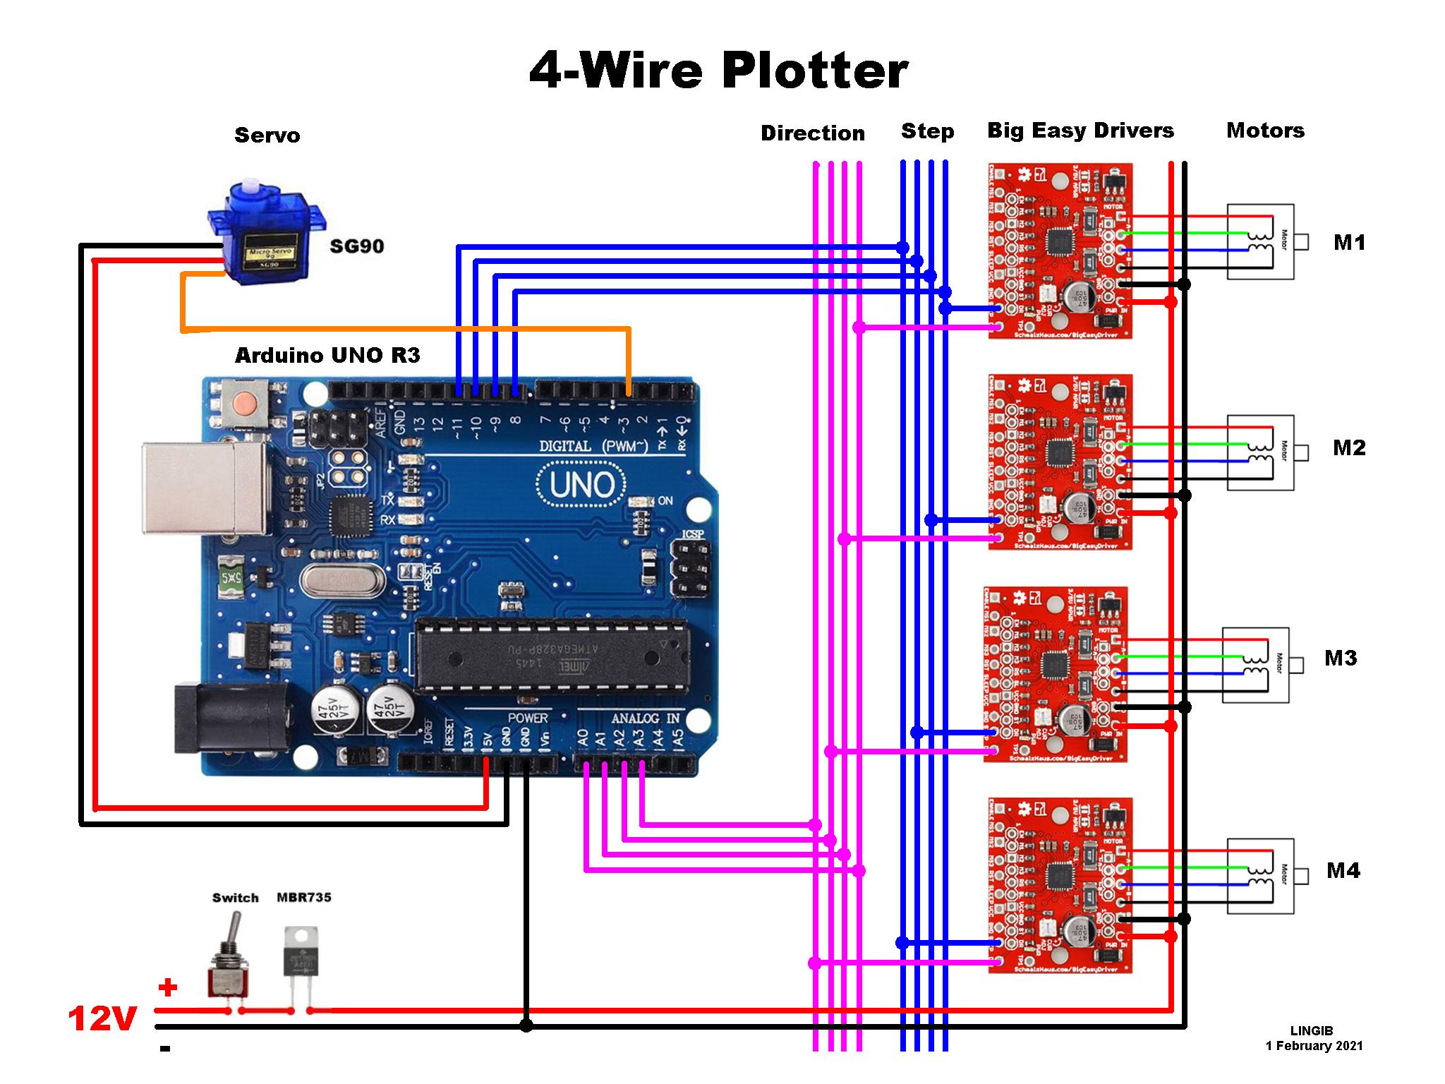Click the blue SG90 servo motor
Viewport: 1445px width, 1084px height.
coord(267,236)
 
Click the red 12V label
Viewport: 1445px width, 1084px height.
coord(102,1019)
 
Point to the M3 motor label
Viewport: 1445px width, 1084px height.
coord(1341,658)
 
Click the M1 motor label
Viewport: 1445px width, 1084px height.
coord(1349,243)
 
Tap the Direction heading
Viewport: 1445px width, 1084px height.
coord(812,133)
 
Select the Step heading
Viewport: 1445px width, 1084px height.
coord(927,131)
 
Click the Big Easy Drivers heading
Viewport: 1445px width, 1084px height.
coord(1080,131)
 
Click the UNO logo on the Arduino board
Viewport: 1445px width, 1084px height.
coord(581,484)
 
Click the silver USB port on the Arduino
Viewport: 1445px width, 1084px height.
coord(205,488)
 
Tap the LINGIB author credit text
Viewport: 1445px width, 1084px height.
coord(1312,1031)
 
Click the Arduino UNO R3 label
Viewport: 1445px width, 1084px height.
coord(327,355)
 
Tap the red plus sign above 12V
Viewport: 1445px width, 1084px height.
coord(167,987)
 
